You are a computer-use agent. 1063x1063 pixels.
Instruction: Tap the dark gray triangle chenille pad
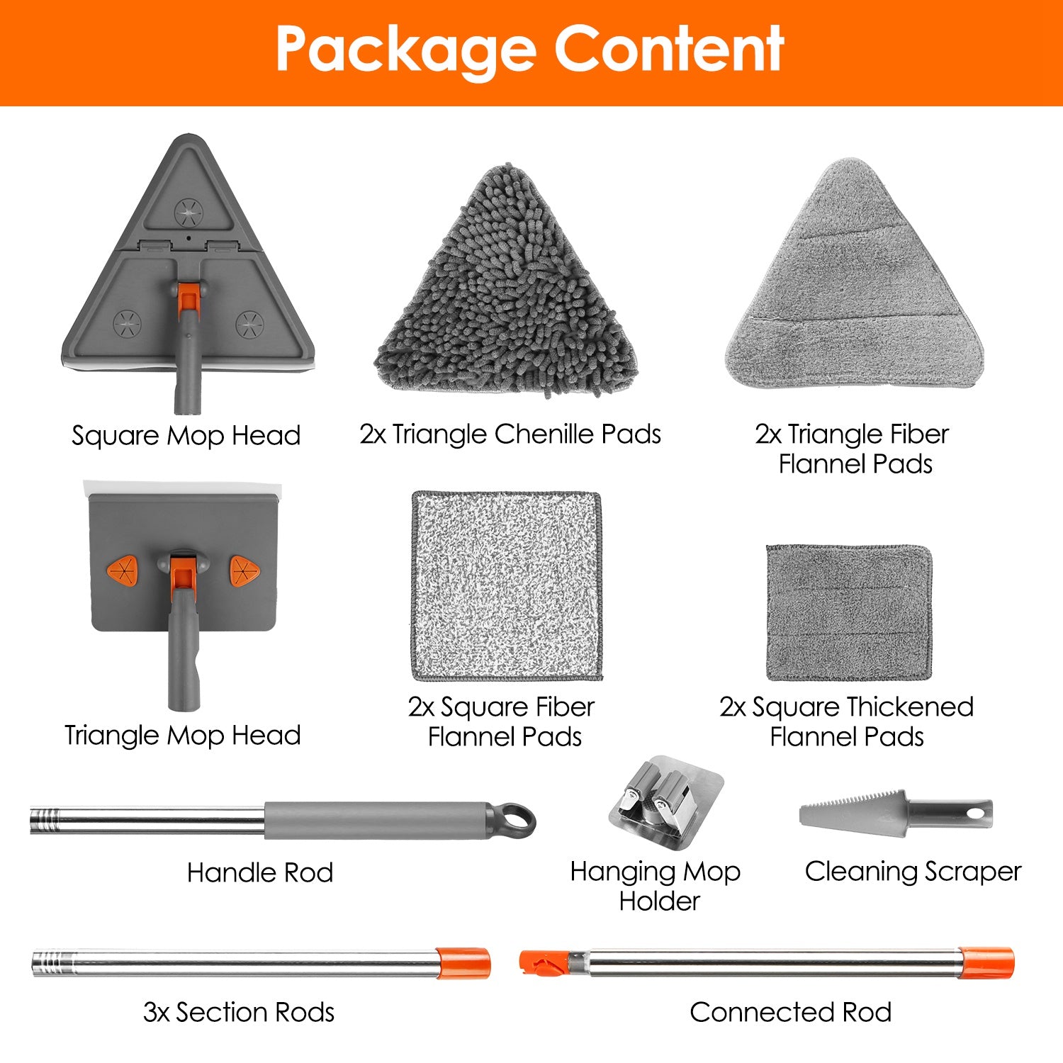(506, 283)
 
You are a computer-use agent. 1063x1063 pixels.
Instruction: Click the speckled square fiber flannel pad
(507, 585)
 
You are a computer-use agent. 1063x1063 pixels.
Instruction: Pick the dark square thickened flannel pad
(849, 613)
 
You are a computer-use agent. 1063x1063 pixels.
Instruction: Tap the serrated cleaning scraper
(896, 813)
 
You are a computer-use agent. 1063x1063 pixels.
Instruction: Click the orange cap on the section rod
(463, 963)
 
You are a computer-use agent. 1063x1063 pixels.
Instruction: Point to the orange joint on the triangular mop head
(188, 297)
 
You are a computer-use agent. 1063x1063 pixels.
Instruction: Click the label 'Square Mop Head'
(186, 435)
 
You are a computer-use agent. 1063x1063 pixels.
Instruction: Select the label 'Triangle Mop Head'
(183, 735)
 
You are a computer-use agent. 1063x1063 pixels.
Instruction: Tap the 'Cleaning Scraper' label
(913, 872)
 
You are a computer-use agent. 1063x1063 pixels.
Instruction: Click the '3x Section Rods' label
(239, 1012)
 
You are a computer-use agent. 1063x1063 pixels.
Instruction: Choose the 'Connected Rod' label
(791, 1012)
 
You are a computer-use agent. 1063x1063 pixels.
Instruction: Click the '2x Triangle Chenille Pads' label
(510, 434)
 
